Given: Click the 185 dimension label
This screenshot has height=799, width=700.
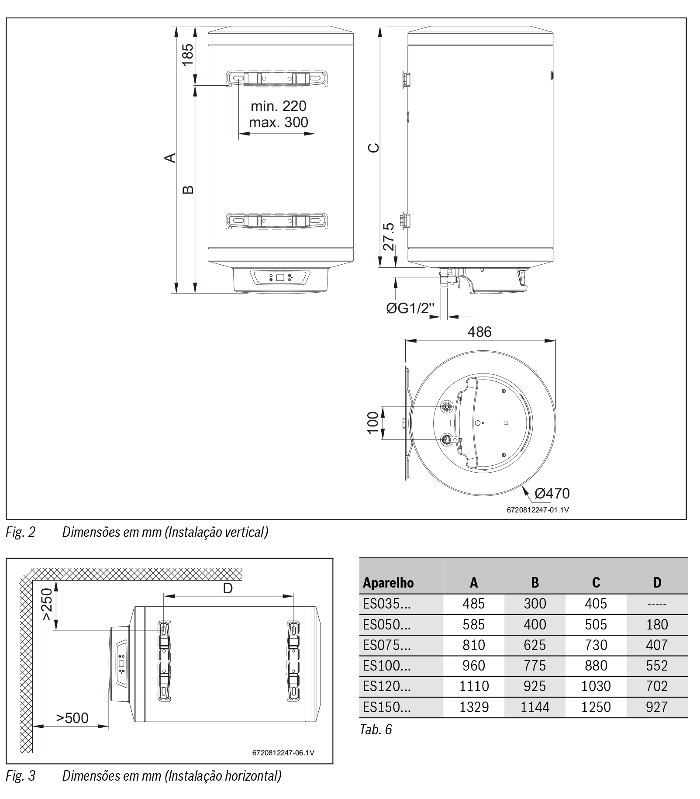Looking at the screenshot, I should point(187,54).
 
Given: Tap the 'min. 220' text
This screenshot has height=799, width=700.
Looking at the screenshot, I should point(278,106).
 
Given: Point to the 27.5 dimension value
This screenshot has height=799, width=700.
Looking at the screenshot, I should point(388,236).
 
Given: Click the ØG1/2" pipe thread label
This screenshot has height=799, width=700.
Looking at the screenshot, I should point(410,308).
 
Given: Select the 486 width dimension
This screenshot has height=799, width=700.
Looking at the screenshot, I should point(479,332).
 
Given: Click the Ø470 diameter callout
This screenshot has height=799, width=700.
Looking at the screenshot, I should point(552,493).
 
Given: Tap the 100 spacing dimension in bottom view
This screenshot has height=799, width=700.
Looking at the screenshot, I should point(373,423).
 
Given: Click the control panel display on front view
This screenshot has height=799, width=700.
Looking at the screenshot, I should point(280,277).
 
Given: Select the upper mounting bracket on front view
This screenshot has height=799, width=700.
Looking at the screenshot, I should point(277,78).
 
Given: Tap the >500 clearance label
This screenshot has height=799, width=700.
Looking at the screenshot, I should point(72,717).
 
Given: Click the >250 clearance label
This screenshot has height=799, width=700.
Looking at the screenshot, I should point(47,604).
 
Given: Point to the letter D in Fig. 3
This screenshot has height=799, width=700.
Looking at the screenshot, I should point(228,588).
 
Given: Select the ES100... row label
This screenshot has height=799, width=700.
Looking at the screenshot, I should point(386,665).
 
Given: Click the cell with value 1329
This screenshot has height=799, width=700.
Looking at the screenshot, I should point(474,707).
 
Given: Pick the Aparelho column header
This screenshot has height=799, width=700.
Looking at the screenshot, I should point(388,582).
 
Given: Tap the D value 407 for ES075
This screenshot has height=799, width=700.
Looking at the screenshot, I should point(657,645).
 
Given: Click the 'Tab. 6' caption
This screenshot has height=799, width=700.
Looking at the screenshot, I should point(376,729).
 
